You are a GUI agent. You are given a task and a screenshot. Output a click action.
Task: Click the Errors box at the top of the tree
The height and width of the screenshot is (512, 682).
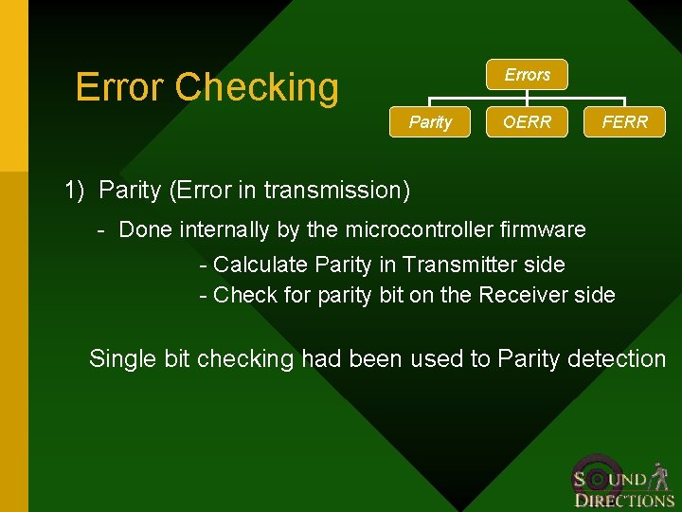click(528, 75)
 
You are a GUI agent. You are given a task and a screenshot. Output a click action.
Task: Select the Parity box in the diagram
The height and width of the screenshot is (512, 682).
click(430, 122)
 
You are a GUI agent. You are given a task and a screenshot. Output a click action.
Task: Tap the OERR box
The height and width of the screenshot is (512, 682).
click(528, 122)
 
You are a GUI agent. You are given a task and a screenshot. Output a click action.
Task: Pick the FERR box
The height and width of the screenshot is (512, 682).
click(625, 122)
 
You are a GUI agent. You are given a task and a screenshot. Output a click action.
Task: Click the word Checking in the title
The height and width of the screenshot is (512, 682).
click(257, 87)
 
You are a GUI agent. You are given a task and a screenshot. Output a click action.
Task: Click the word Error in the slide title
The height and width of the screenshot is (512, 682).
click(119, 87)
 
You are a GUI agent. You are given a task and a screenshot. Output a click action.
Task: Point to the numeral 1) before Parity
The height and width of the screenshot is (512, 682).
click(75, 190)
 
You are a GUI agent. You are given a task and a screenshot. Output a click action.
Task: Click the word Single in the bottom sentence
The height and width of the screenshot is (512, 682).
click(118, 358)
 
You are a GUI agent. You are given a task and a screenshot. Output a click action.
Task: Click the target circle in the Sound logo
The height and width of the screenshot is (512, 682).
click(599, 477)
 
